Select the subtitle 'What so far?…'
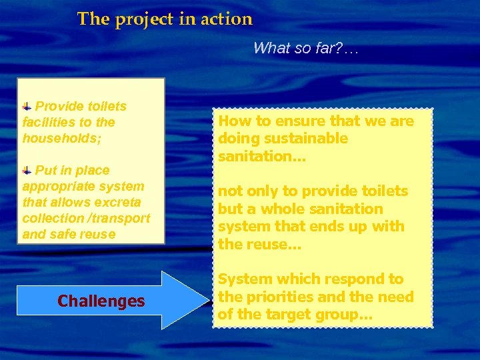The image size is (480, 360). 305,48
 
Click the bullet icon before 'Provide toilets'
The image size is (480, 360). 27,106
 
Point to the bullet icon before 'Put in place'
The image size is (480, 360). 27,170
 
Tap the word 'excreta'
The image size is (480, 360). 121,203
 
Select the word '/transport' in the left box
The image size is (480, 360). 123,219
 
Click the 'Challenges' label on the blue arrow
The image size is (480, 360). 101,301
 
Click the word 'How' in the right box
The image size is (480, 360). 233,121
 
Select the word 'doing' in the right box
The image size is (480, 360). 237,139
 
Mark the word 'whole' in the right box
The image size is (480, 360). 276,209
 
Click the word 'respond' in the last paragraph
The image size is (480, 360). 327,279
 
